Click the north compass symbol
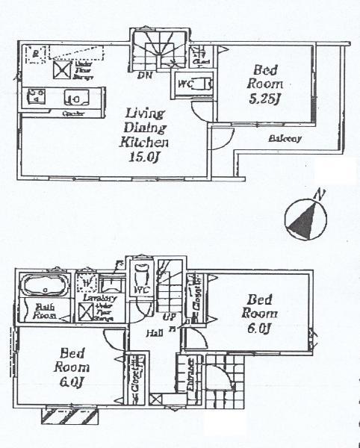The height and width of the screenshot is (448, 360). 304,218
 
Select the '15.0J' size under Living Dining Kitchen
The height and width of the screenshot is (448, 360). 146,156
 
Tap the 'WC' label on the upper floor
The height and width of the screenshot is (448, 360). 185,85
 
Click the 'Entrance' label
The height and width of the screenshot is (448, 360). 191,370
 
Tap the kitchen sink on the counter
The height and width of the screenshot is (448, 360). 75,96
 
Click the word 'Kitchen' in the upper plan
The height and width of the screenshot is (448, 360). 146,141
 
